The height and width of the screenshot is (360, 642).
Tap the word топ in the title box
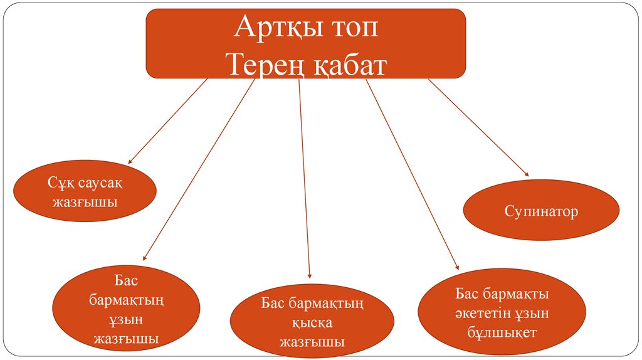click(x=355, y=28)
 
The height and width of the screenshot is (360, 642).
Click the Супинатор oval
click(x=541, y=211)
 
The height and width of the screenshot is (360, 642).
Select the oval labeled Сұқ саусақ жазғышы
click(x=85, y=193)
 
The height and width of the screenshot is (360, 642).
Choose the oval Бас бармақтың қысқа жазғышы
click(x=312, y=323)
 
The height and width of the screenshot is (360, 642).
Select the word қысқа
click(x=312, y=324)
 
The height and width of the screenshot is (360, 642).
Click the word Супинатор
click(x=541, y=211)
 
